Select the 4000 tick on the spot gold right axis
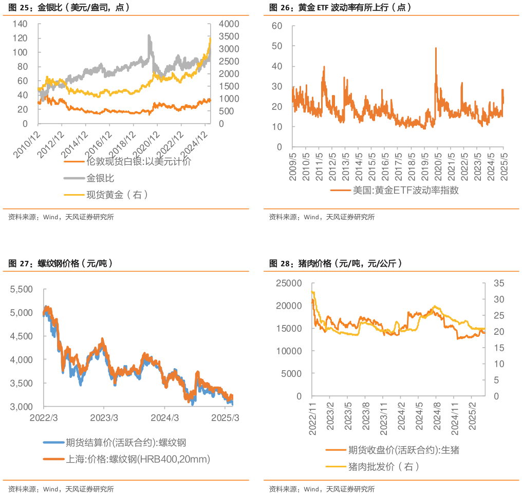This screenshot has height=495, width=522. pos(228,24)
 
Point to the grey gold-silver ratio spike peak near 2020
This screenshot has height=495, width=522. pos(149,35)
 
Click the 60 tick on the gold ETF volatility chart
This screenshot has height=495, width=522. pos(277,26)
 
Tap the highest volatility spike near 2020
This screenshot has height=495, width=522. pos(436,48)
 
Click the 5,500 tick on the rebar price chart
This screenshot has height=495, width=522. pos(22,289)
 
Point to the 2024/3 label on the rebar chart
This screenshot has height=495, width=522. pos(165,417)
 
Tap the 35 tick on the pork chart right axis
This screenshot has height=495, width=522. pos(499,283)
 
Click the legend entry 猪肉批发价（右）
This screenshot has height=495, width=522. pos(383,467)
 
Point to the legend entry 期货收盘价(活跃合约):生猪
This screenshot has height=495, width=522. pos(403,450)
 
